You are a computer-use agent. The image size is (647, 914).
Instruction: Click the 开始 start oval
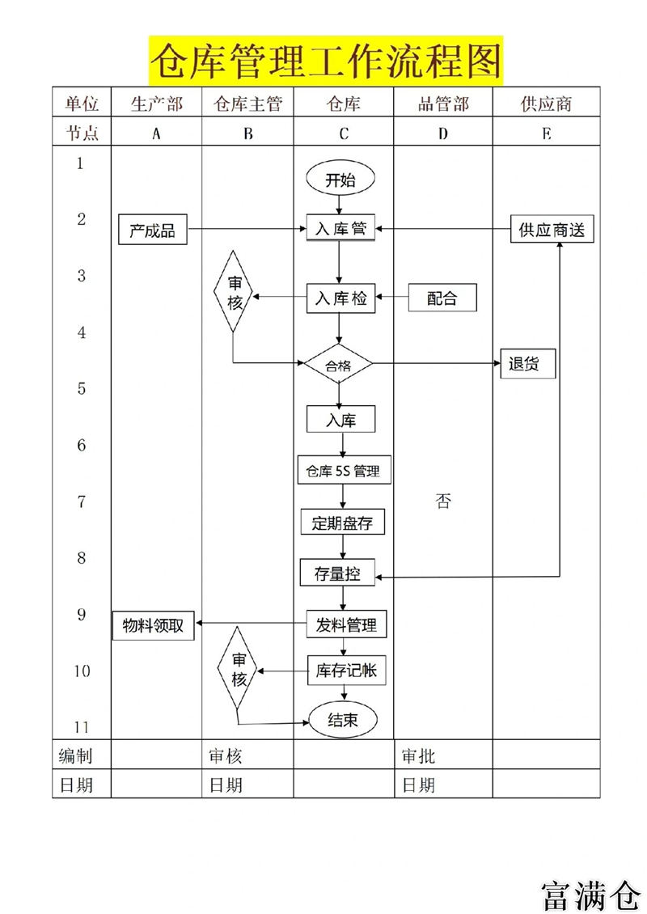pyautogui.click(x=340, y=180)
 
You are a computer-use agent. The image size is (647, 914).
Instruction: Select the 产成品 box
pyautogui.click(x=152, y=231)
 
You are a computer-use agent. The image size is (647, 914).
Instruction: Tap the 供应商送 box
pyautogui.click(x=552, y=230)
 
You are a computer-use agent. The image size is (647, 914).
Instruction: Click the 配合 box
pyautogui.click(x=442, y=298)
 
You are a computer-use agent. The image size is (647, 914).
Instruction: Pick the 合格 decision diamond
pyautogui.click(x=338, y=366)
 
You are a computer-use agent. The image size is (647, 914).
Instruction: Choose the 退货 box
pyautogui.click(x=528, y=364)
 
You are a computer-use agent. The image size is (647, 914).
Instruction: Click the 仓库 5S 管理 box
pyautogui.click(x=344, y=471)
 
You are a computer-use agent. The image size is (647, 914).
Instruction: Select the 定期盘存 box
pyautogui.click(x=342, y=522)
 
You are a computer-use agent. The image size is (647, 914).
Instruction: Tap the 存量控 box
pyautogui.click(x=337, y=574)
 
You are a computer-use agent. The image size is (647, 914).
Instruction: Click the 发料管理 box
pyautogui.click(x=345, y=625)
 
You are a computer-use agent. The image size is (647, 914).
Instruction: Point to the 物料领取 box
pyautogui.click(x=153, y=625)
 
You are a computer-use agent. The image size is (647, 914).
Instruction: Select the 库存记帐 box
pyautogui.click(x=345, y=670)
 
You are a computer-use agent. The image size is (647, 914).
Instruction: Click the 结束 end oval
pyautogui.click(x=343, y=719)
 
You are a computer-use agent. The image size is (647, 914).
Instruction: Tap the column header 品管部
pyautogui.click(x=443, y=104)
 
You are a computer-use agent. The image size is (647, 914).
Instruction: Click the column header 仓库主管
pyautogui.click(x=247, y=104)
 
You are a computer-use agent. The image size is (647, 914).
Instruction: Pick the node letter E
pyautogui.click(x=547, y=134)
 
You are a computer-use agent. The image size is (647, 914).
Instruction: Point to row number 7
pyautogui.click(x=82, y=501)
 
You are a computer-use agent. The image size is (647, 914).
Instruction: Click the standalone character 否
pyautogui.click(x=443, y=501)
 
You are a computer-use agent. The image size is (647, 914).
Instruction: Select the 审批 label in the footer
pyautogui.click(x=419, y=756)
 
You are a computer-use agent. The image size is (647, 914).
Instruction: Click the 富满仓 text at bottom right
pyautogui.click(x=591, y=893)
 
